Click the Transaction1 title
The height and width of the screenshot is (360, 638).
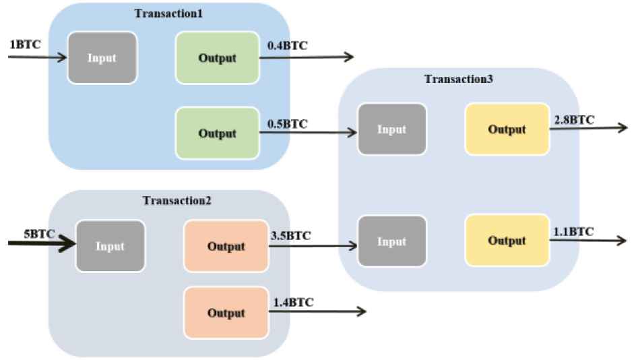click(168, 13)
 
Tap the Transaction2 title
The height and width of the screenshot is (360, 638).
click(177, 200)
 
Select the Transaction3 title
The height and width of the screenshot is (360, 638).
click(459, 79)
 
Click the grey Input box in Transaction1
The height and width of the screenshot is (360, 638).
click(102, 58)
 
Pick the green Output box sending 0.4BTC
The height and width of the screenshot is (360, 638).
click(218, 58)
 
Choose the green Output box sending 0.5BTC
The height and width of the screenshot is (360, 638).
click(218, 133)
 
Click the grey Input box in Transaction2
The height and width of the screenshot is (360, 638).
click(110, 246)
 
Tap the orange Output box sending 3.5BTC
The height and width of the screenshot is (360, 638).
click(226, 246)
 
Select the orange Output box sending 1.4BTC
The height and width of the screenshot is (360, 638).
click(226, 313)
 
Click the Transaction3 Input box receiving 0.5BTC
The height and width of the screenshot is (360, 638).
click(392, 129)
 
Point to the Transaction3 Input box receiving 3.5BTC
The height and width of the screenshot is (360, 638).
click(392, 241)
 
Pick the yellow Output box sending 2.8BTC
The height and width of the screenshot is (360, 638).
click(507, 129)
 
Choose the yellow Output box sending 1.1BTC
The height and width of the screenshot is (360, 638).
click(507, 240)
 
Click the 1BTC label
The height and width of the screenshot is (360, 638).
click(25, 44)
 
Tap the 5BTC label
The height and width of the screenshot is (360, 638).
click(39, 234)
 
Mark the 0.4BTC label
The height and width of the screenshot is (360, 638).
click(287, 46)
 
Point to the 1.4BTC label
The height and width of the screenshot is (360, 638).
click(293, 303)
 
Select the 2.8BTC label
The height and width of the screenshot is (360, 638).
click(574, 120)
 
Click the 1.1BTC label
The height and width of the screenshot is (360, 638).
click(574, 232)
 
